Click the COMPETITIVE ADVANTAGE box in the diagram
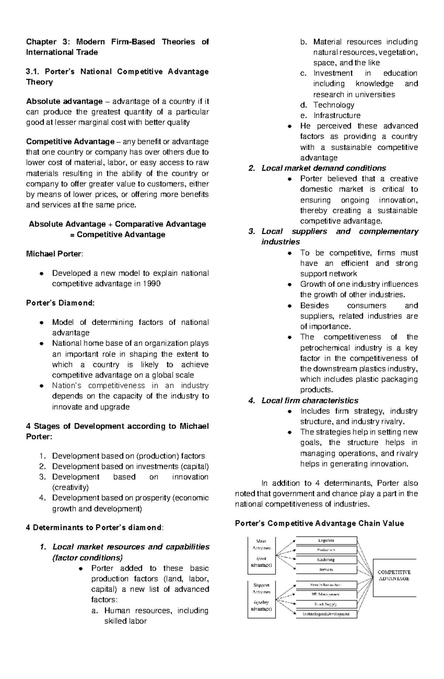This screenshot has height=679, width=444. [394, 577]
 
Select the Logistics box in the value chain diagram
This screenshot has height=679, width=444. [326, 541]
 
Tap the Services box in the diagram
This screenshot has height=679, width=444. [326, 569]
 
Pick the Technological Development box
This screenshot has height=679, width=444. [326, 614]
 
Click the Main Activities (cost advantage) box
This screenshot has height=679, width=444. [262, 555]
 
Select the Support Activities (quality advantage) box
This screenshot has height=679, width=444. [262, 599]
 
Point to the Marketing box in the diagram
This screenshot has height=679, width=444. [326, 560]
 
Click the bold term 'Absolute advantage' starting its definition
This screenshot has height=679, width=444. [64, 101]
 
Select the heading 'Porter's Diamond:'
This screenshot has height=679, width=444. [60, 303]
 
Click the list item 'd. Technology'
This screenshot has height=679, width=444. [333, 105]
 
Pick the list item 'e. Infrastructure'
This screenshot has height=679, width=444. [336, 115]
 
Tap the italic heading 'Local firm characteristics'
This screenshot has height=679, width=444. [310, 400]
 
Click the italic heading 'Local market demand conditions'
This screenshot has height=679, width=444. [323, 168]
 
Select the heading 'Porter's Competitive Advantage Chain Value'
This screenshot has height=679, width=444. [319, 523]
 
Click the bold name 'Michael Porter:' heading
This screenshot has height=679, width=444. [54, 254]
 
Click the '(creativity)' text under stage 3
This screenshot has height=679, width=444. [70, 487]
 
